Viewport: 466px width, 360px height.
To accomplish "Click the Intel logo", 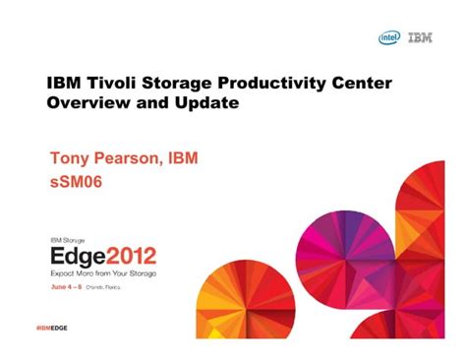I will click(389, 38).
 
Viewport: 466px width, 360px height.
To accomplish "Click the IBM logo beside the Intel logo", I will click(420, 38).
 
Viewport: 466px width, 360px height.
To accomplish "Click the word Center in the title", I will click(360, 83).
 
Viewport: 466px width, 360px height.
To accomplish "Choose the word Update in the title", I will click(206, 102).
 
